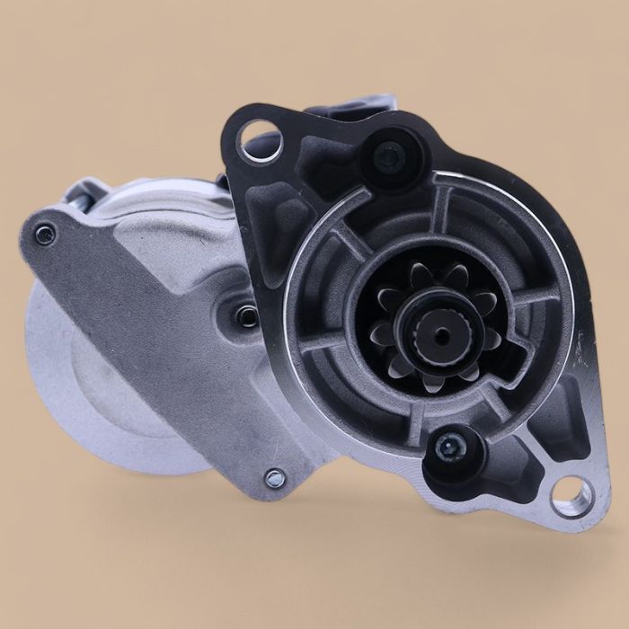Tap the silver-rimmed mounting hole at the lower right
click(x=571, y=495)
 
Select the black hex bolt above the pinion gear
click(x=389, y=158)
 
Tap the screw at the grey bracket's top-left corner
click(x=43, y=235)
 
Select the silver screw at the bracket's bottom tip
click(x=274, y=478)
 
